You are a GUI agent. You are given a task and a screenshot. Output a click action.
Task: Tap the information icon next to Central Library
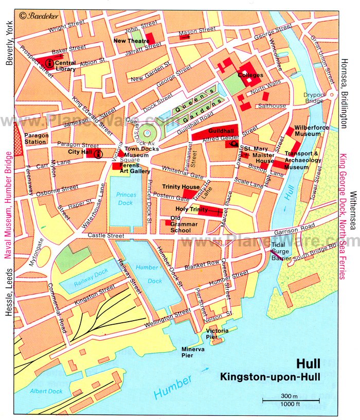pyautogui.click(x=49, y=63)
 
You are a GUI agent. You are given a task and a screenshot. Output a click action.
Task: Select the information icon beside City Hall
pyautogui.click(x=98, y=153)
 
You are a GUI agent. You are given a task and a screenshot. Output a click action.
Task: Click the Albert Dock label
pyautogui.click(x=46, y=391)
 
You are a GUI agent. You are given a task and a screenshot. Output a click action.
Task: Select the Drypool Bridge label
pyautogui.click(x=314, y=98)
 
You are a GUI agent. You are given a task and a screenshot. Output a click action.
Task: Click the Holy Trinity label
pyautogui.click(x=191, y=209)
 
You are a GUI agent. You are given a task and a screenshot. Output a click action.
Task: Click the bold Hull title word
pyautogui.click(x=308, y=364)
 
